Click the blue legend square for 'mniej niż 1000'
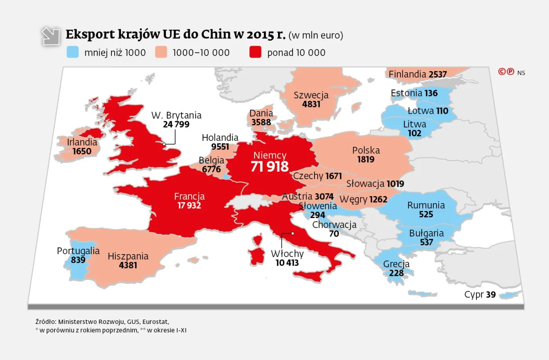point(73,52)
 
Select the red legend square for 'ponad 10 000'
point(255,52)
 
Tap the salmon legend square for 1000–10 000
point(161,52)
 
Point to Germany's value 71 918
point(269,167)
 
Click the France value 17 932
point(189,205)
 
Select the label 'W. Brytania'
point(176,115)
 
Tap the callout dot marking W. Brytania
point(164,144)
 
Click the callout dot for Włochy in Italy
point(293,233)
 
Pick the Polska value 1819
point(365,160)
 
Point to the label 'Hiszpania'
point(128,256)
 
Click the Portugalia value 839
point(78,260)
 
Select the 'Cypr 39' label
point(480,295)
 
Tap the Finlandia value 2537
point(438,75)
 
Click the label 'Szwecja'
point(311,95)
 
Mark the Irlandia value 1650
point(82,151)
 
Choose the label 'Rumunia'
point(426,205)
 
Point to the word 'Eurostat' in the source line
point(156,322)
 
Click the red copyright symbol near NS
point(502,71)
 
